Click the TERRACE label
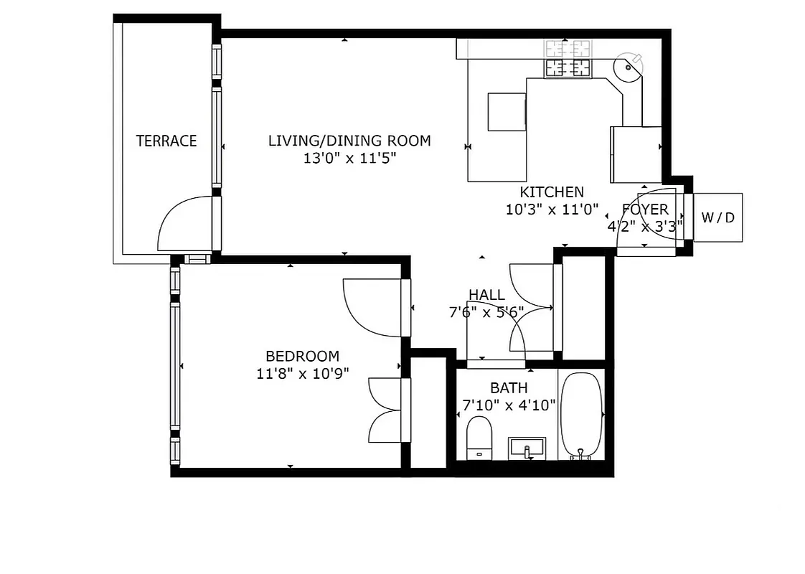166,141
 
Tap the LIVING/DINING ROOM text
349,141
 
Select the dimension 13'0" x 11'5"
349,159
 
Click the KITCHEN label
552,192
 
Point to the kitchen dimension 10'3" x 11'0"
552,210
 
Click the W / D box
717,217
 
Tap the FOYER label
645,210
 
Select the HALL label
486,295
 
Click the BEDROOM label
302,356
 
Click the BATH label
509,388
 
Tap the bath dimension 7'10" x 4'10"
509,405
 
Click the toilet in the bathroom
479,437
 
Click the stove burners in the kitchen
568,67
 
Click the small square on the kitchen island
507,112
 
